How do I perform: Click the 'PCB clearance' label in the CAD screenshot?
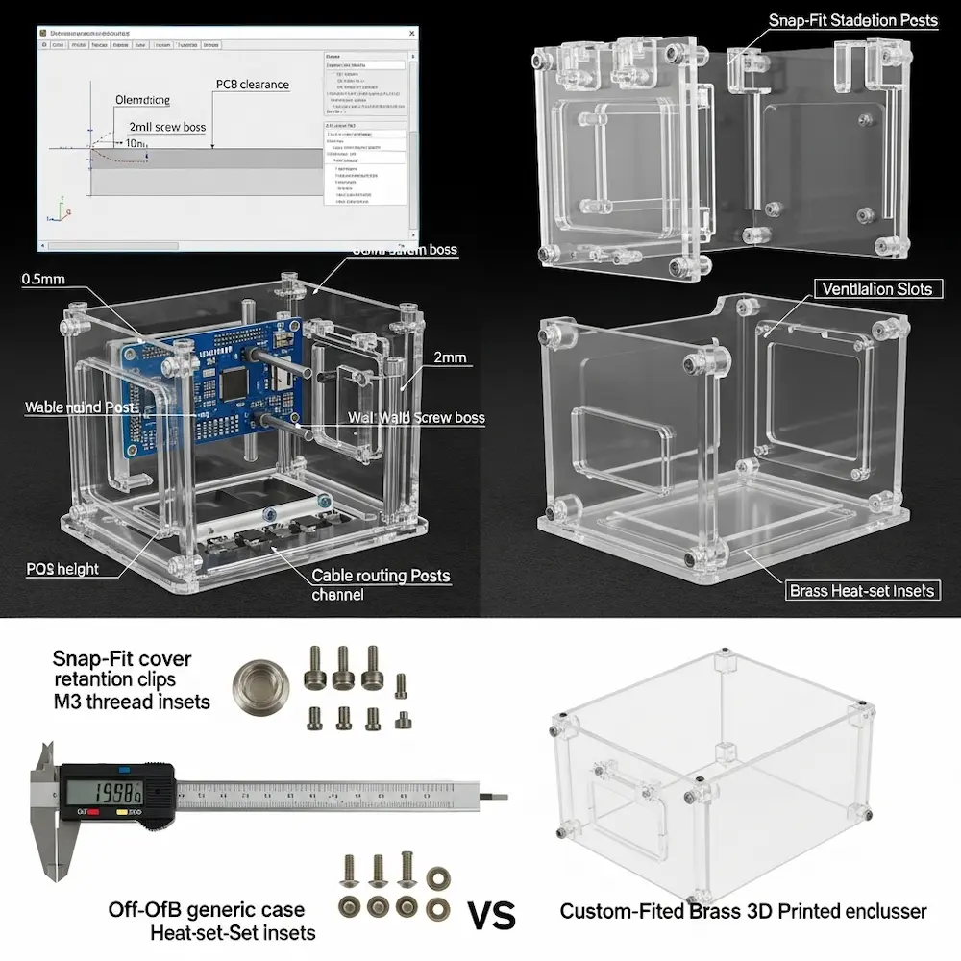point(251,85)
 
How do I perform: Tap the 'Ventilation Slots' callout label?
point(877,289)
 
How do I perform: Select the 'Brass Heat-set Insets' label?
point(861,591)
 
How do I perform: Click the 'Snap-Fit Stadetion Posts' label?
point(853,20)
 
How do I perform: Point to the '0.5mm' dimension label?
point(43,279)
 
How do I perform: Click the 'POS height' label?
point(62,569)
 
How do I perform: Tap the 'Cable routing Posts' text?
point(381,576)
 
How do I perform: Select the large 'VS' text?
point(491,912)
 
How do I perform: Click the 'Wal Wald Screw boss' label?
point(416,418)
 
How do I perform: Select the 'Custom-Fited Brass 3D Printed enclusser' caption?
point(743,911)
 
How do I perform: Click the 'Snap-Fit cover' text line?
point(122,659)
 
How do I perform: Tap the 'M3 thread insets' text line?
point(132,702)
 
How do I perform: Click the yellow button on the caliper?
point(123,813)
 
